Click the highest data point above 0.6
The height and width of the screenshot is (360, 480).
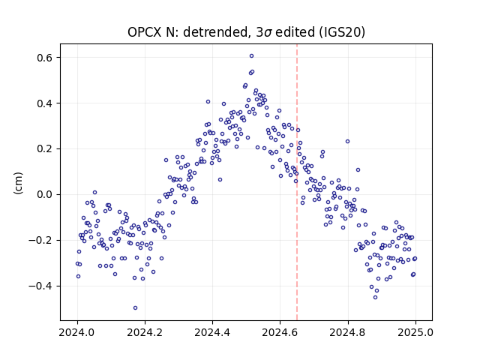pos(251,56)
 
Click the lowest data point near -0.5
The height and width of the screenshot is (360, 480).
pos(135,308)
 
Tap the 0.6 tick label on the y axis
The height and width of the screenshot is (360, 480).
pos(44,58)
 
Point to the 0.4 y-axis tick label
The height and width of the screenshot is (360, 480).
pos(44,103)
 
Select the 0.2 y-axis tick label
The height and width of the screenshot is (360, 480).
pos(44,149)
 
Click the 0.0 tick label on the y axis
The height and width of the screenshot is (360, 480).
pos(44,195)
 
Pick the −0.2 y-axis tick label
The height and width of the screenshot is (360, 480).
pos(40,240)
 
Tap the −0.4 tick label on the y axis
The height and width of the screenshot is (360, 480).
pos(40,286)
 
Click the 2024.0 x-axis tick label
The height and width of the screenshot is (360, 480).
pos(77,332)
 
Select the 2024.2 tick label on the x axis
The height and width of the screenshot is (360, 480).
pos(145,332)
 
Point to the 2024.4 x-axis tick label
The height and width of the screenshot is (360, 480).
pos(212,332)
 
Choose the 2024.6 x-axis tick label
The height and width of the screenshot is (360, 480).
pos(280,332)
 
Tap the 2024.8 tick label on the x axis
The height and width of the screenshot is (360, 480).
pos(348,332)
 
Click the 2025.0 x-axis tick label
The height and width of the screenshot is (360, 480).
pos(415,332)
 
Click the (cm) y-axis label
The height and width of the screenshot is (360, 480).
pos(18,183)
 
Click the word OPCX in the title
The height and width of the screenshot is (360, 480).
pos(144,32)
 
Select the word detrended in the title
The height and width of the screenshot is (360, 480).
pos(214,32)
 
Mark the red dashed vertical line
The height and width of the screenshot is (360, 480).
pos(297,182)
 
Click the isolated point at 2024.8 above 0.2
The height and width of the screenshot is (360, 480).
pos(347,142)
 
